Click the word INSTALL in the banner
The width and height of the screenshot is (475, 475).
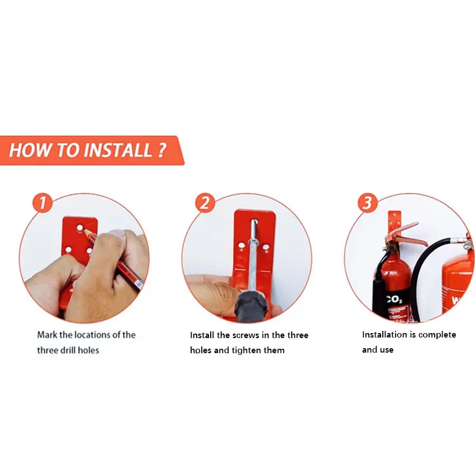[117, 150]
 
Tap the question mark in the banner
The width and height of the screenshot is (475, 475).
[162, 150]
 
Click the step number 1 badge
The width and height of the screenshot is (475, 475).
[42, 203]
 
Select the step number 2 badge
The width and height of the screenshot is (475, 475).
[205, 203]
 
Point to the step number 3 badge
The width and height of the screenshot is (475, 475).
[368, 203]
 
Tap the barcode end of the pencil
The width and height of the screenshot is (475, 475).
[138, 284]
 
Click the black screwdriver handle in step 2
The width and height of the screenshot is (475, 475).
[251, 306]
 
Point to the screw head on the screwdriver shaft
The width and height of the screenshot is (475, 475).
[253, 242]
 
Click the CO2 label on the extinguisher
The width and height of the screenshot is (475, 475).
[395, 300]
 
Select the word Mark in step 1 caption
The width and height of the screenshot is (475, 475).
[47, 335]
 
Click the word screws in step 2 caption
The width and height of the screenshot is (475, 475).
[246, 335]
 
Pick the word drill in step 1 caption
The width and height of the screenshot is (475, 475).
[68, 350]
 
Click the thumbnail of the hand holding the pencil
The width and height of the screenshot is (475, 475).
[84, 258]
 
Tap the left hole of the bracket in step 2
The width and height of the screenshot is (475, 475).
[241, 245]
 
